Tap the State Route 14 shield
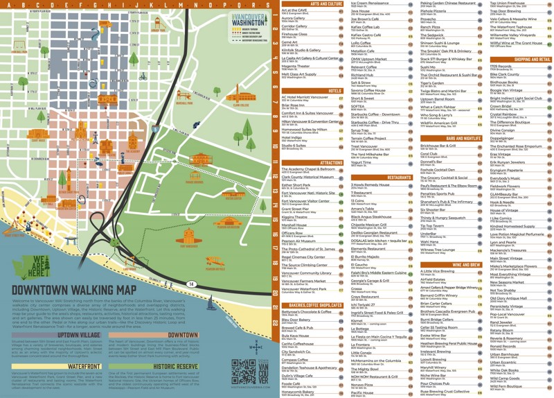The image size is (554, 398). click(190, 284)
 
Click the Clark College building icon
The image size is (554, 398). click(240, 96)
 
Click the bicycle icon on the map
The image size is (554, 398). click(143, 77)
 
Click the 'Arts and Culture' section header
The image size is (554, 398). click(326, 4)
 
